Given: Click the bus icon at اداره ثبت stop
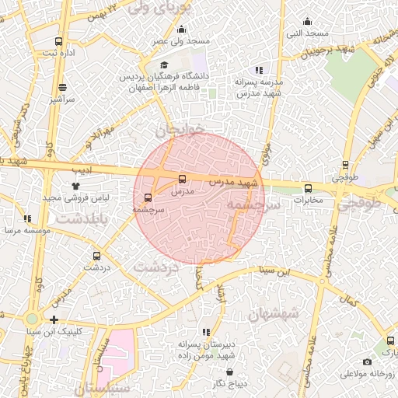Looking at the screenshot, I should pyautogui.click(x=59, y=41).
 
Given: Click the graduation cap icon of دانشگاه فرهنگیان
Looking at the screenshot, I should pyautogui.click(x=163, y=65).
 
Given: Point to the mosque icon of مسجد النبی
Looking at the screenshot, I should pyautogui.click(x=309, y=22).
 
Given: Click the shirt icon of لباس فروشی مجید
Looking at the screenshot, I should pyautogui.click(x=75, y=186).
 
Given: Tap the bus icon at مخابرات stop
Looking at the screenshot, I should pyautogui.click(x=308, y=188).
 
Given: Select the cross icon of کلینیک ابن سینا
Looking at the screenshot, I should pyautogui.click(x=54, y=319).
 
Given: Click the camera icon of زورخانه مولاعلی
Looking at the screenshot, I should pyautogui.click(x=367, y=361).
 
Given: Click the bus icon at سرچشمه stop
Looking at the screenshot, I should pyautogui.click(x=148, y=197).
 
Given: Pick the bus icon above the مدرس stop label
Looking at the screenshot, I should pyautogui.click(x=183, y=178).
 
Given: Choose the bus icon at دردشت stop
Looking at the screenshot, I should pyautogui.click(x=96, y=255).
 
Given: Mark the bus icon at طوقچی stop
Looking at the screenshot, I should pyautogui.click(x=346, y=165).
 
